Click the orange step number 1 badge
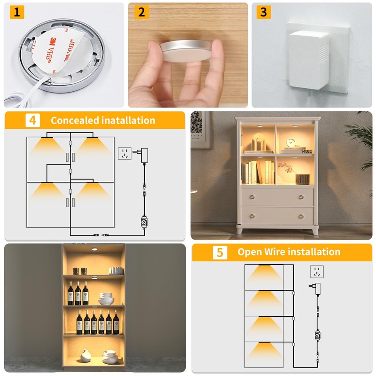click(16, 12)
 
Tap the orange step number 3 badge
click(263, 12)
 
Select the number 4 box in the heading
click(32, 120)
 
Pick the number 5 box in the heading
click(219, 252)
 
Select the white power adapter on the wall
click(308, 59)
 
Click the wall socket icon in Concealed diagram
click(125, 154)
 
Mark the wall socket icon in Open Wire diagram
click(317, 272)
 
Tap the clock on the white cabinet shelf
click(291, 142)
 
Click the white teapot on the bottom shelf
click(86, 356)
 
